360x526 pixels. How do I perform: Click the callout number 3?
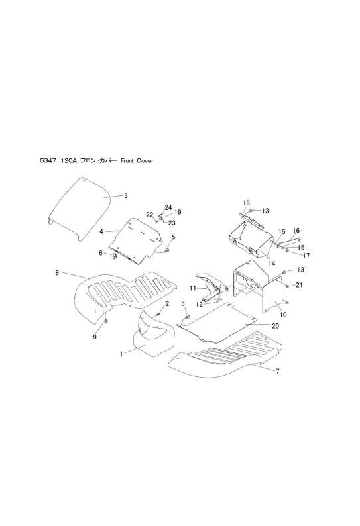click(125, 195)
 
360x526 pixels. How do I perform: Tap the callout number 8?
click(57, 273)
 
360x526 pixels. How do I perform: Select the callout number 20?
click(275, 326)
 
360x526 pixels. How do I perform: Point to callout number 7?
click(278, 372)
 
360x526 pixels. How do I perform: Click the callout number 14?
click(272, 264)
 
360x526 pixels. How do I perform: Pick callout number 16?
click(296, 231)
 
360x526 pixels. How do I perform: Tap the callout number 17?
click(306, 256)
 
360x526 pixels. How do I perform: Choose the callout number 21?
click(299, 285)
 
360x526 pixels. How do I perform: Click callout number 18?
click(246, 203)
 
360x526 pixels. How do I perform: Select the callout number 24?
click(168, 208)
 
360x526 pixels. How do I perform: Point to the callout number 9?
click(95, 337)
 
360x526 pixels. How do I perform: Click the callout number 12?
click(200, 305)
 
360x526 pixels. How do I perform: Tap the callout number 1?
click(121, 354)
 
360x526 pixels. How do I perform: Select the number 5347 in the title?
click(48, 161)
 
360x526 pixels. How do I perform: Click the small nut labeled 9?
click(106, 322)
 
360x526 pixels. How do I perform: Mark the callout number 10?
click(283, 315)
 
